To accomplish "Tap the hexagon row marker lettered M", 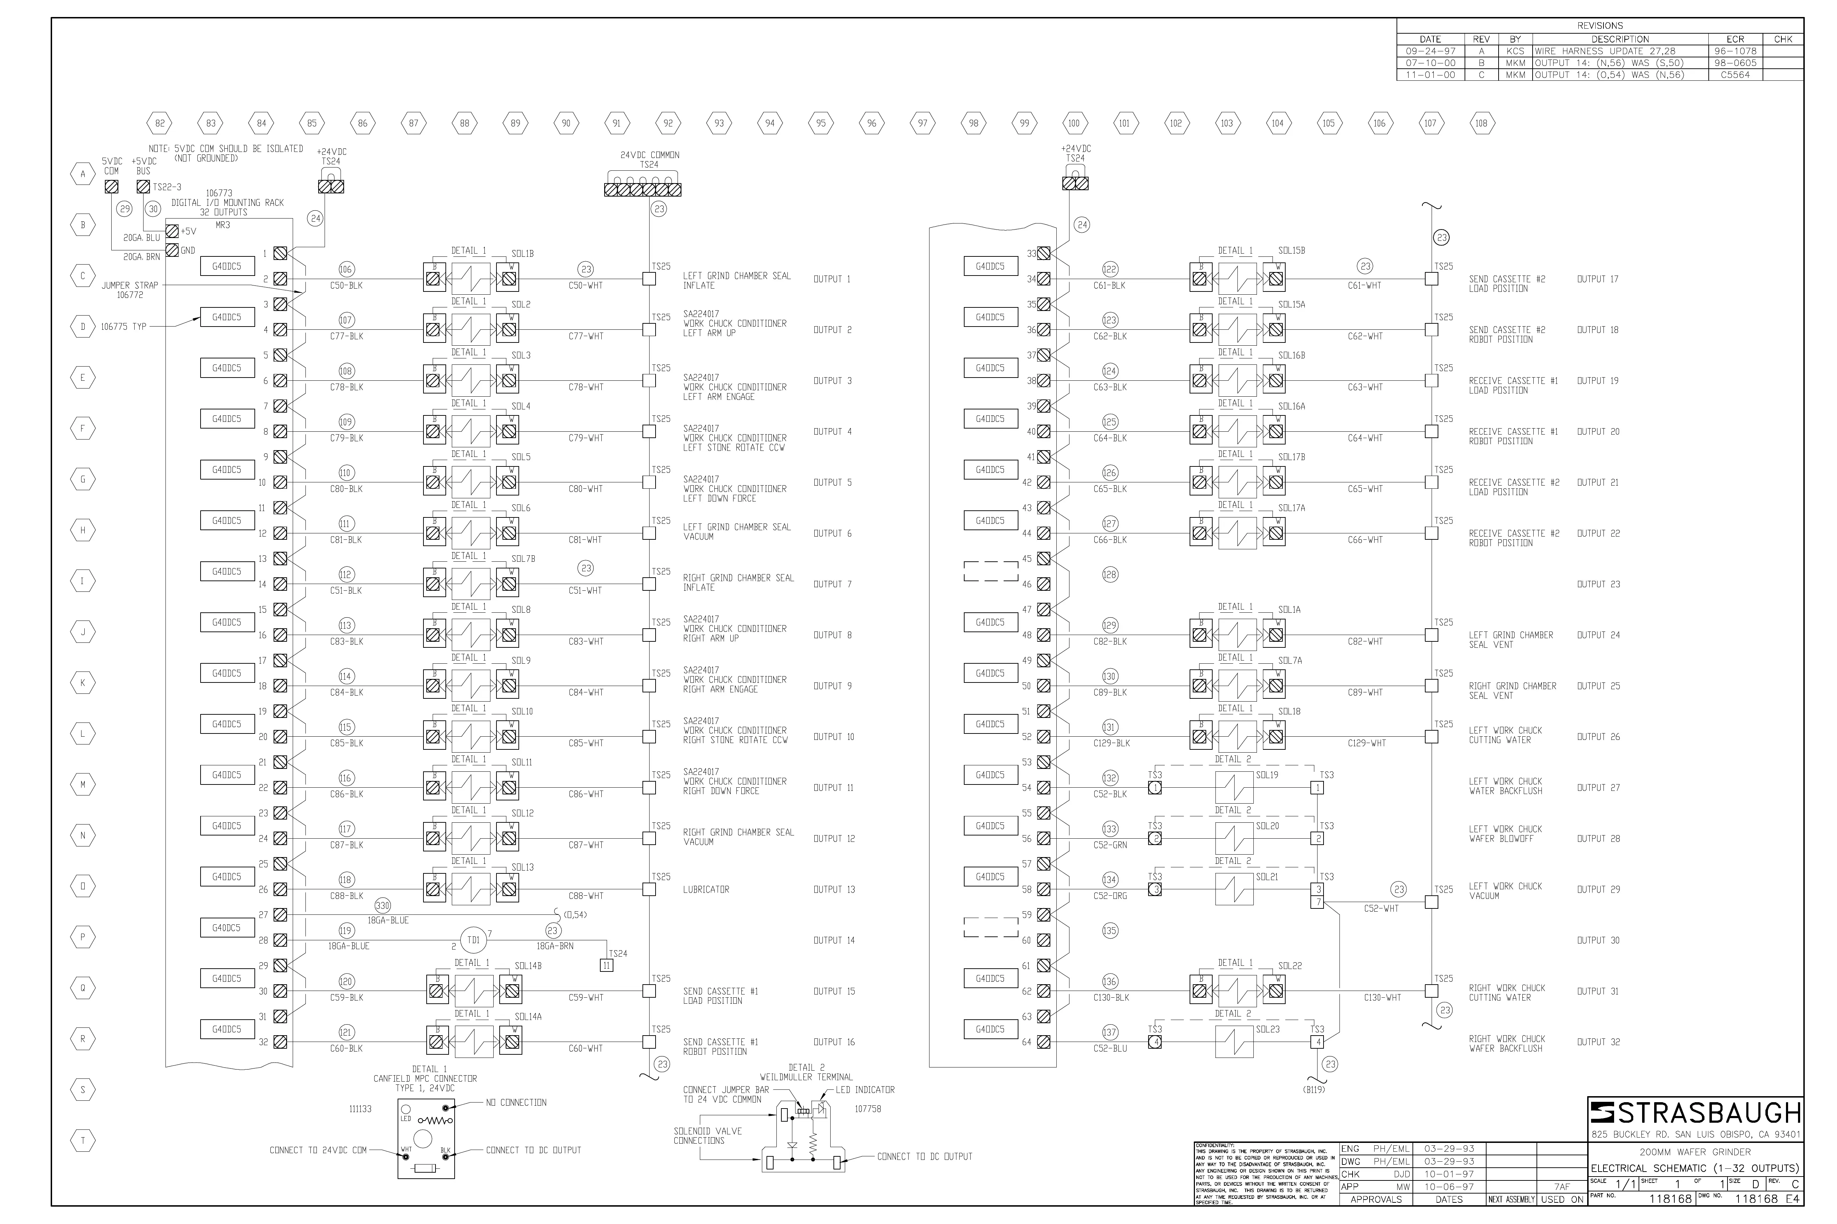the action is pos(83,784).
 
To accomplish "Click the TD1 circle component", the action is pos(473,941).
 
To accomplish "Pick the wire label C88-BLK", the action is pos(346,896).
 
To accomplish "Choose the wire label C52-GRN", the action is pos(1110,845).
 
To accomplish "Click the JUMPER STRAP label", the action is pos(130,286).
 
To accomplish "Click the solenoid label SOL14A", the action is pos(528,1017).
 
